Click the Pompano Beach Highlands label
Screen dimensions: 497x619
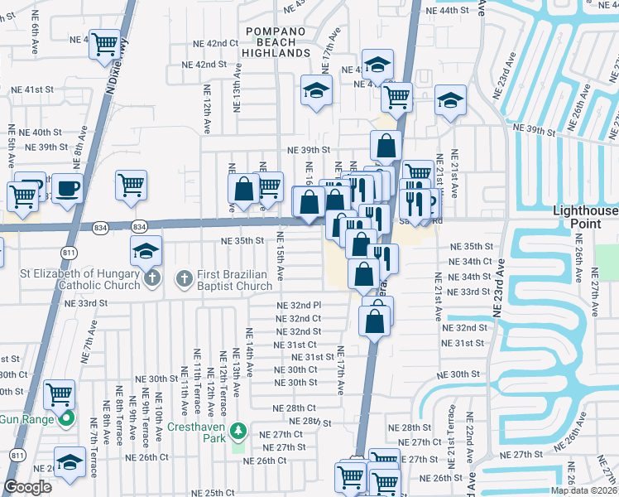pyautogui.click(x=276, y=42)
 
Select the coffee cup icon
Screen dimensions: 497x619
pyautogui.click(x=67, y=187)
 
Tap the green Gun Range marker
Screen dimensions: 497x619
pyautogui.click(x=67, y=418)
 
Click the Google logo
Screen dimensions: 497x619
pyautogui.click(x=27, y=487)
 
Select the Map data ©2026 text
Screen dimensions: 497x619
pyautogui.click(x=583, y=490)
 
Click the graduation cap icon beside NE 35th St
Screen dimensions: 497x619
pyautogui.click(x=146, y=250)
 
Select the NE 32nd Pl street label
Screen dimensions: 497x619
pyautogui.click(x=298, y=306)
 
